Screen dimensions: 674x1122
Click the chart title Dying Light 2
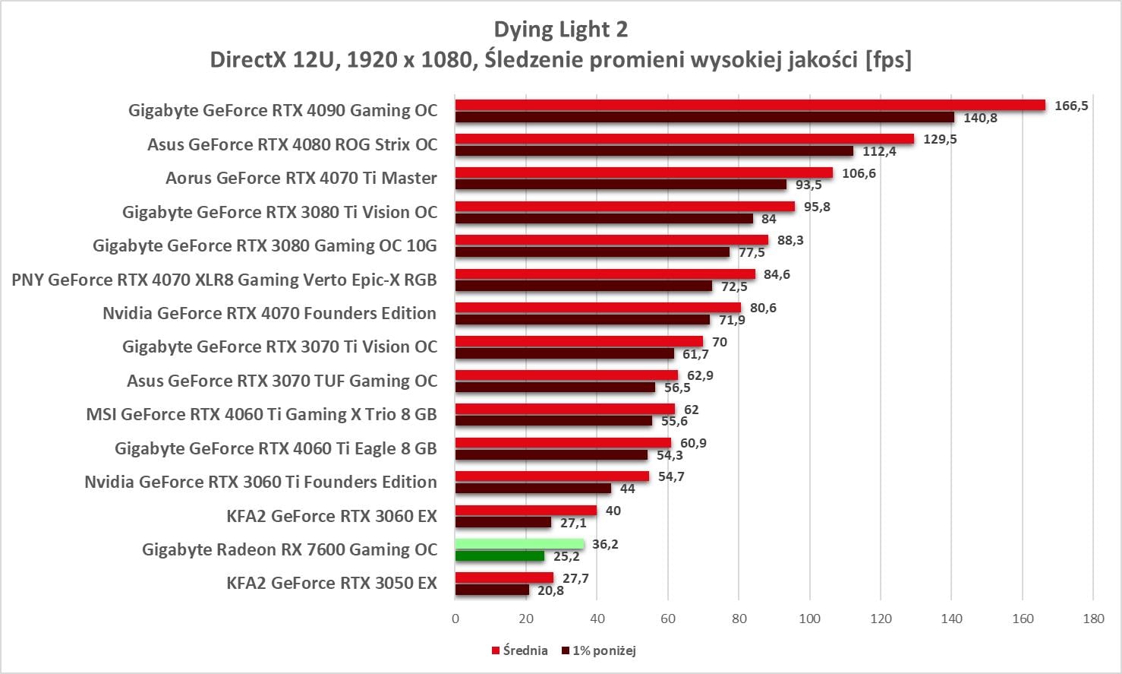click(560, 30)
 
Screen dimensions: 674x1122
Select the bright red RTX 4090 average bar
click(750, 105)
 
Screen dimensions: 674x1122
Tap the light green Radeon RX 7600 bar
click(519, 544)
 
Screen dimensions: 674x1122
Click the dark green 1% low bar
click(500, 556)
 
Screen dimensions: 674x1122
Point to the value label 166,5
click(1071, 106)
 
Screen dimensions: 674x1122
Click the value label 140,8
click(980, 118)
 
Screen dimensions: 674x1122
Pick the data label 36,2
click(605, 544)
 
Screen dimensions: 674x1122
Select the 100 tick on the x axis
click(810, 619)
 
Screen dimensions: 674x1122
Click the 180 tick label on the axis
click(1093, 619)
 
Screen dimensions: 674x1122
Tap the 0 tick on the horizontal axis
click(455, 619)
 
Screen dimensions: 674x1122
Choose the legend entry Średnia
click(525, 650)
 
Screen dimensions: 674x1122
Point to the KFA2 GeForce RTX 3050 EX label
click(332, 584)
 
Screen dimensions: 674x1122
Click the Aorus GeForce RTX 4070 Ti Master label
click(301, 179)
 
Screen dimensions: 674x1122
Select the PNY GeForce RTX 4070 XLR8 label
click(224, 280)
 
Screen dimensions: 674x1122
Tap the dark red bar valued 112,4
click(654, 151)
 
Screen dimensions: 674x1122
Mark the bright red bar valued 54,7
click(552, 476)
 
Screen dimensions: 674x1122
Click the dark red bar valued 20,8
click(492, 590)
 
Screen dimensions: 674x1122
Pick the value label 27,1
click(573, 523)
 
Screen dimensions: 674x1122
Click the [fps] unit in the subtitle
click(888, 59)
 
